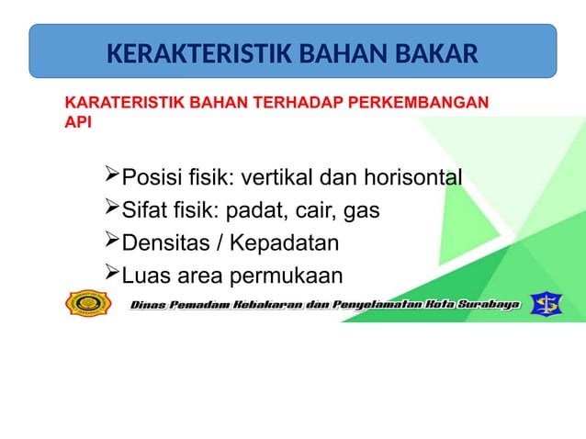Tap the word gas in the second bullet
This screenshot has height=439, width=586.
(362, 211)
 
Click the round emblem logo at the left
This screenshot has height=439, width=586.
(88, 303)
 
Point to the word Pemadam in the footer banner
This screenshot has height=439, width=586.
(201, 303)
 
